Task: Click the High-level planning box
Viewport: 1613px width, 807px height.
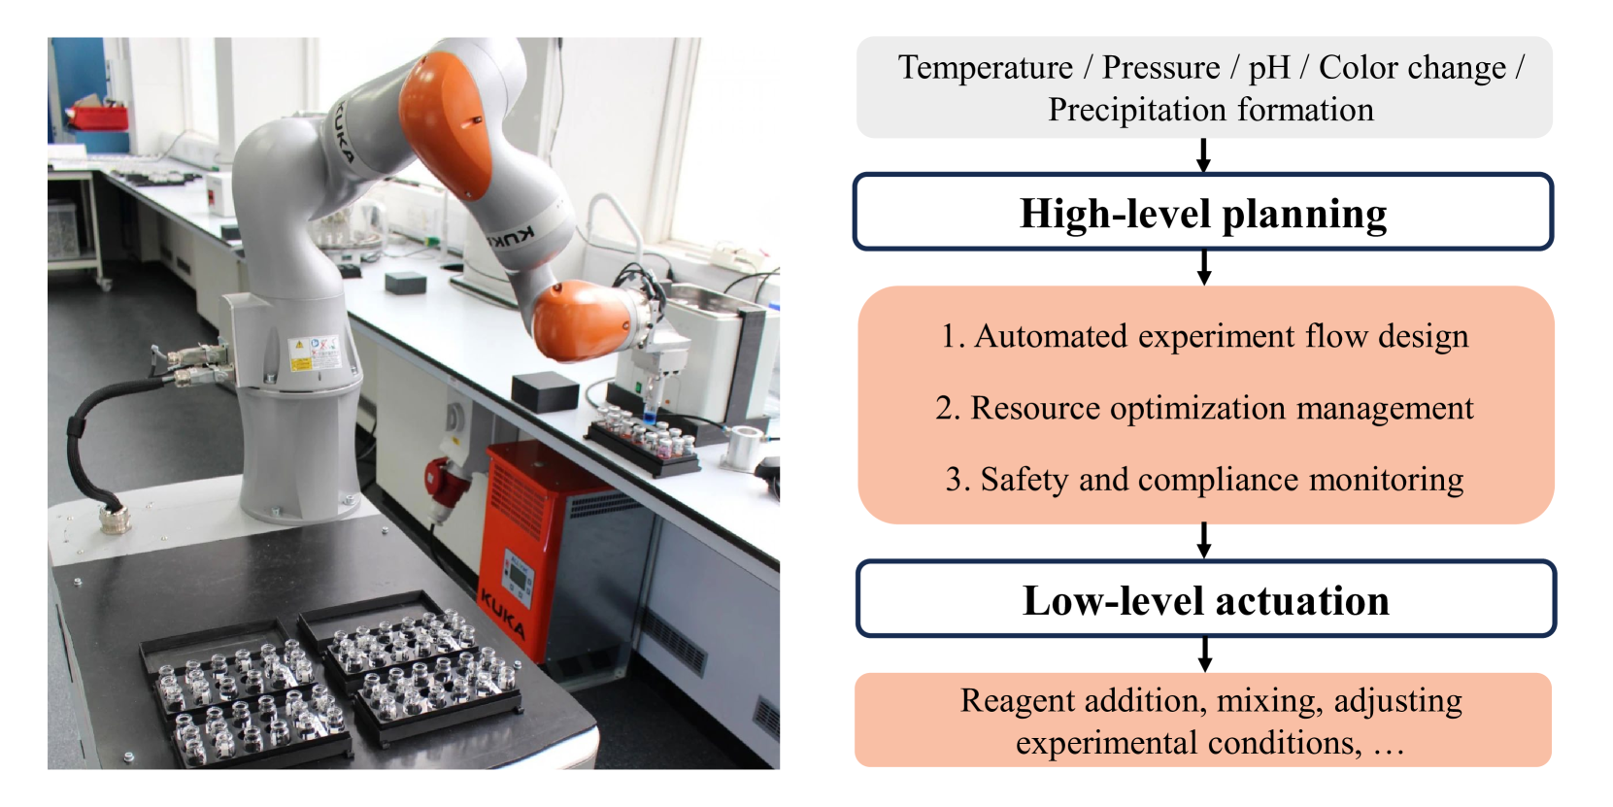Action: tap(1202, 212)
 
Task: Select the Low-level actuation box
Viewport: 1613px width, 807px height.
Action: tap(1205, 599)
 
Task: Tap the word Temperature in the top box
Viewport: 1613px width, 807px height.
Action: tap(985, 68)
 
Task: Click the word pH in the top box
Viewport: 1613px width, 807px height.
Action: tap(1269, 68)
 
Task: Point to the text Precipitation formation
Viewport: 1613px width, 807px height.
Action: tap(1210, 110)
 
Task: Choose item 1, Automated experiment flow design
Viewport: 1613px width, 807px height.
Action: tap(1205, 336)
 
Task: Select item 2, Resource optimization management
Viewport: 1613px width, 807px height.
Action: tap(1205, 408)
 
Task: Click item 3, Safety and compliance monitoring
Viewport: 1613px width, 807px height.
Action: tap(1205, 480)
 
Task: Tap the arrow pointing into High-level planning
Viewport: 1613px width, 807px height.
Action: tap(1202, 154)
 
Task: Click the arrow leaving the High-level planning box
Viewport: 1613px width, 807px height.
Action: tap(1203, 268)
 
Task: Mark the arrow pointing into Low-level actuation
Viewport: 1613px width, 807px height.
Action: tap(1203, 541)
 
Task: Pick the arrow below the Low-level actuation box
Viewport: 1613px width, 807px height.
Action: tap(1204, 655)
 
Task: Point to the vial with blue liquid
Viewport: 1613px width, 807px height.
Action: tap(651, 414)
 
